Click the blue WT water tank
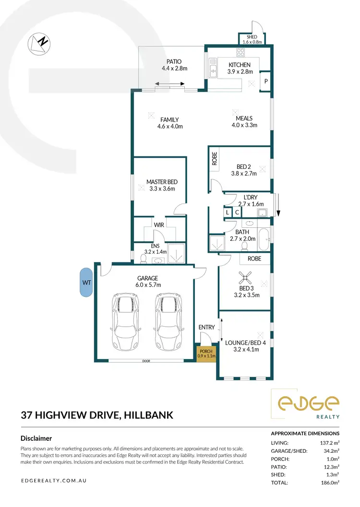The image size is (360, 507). (x=86, y=283)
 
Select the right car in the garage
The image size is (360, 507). (x=168, y=321)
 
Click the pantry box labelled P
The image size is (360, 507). (x=266, y=82)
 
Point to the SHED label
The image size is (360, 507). (x=252, y=37)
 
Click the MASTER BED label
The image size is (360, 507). (x=162, y=182)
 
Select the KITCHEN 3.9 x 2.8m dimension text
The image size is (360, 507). (x=239, y=72)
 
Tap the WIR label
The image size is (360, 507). (x=159, y=224)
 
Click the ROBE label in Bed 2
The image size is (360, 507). (x=215, y=159)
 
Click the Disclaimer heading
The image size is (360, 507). (x=36, y=438)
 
